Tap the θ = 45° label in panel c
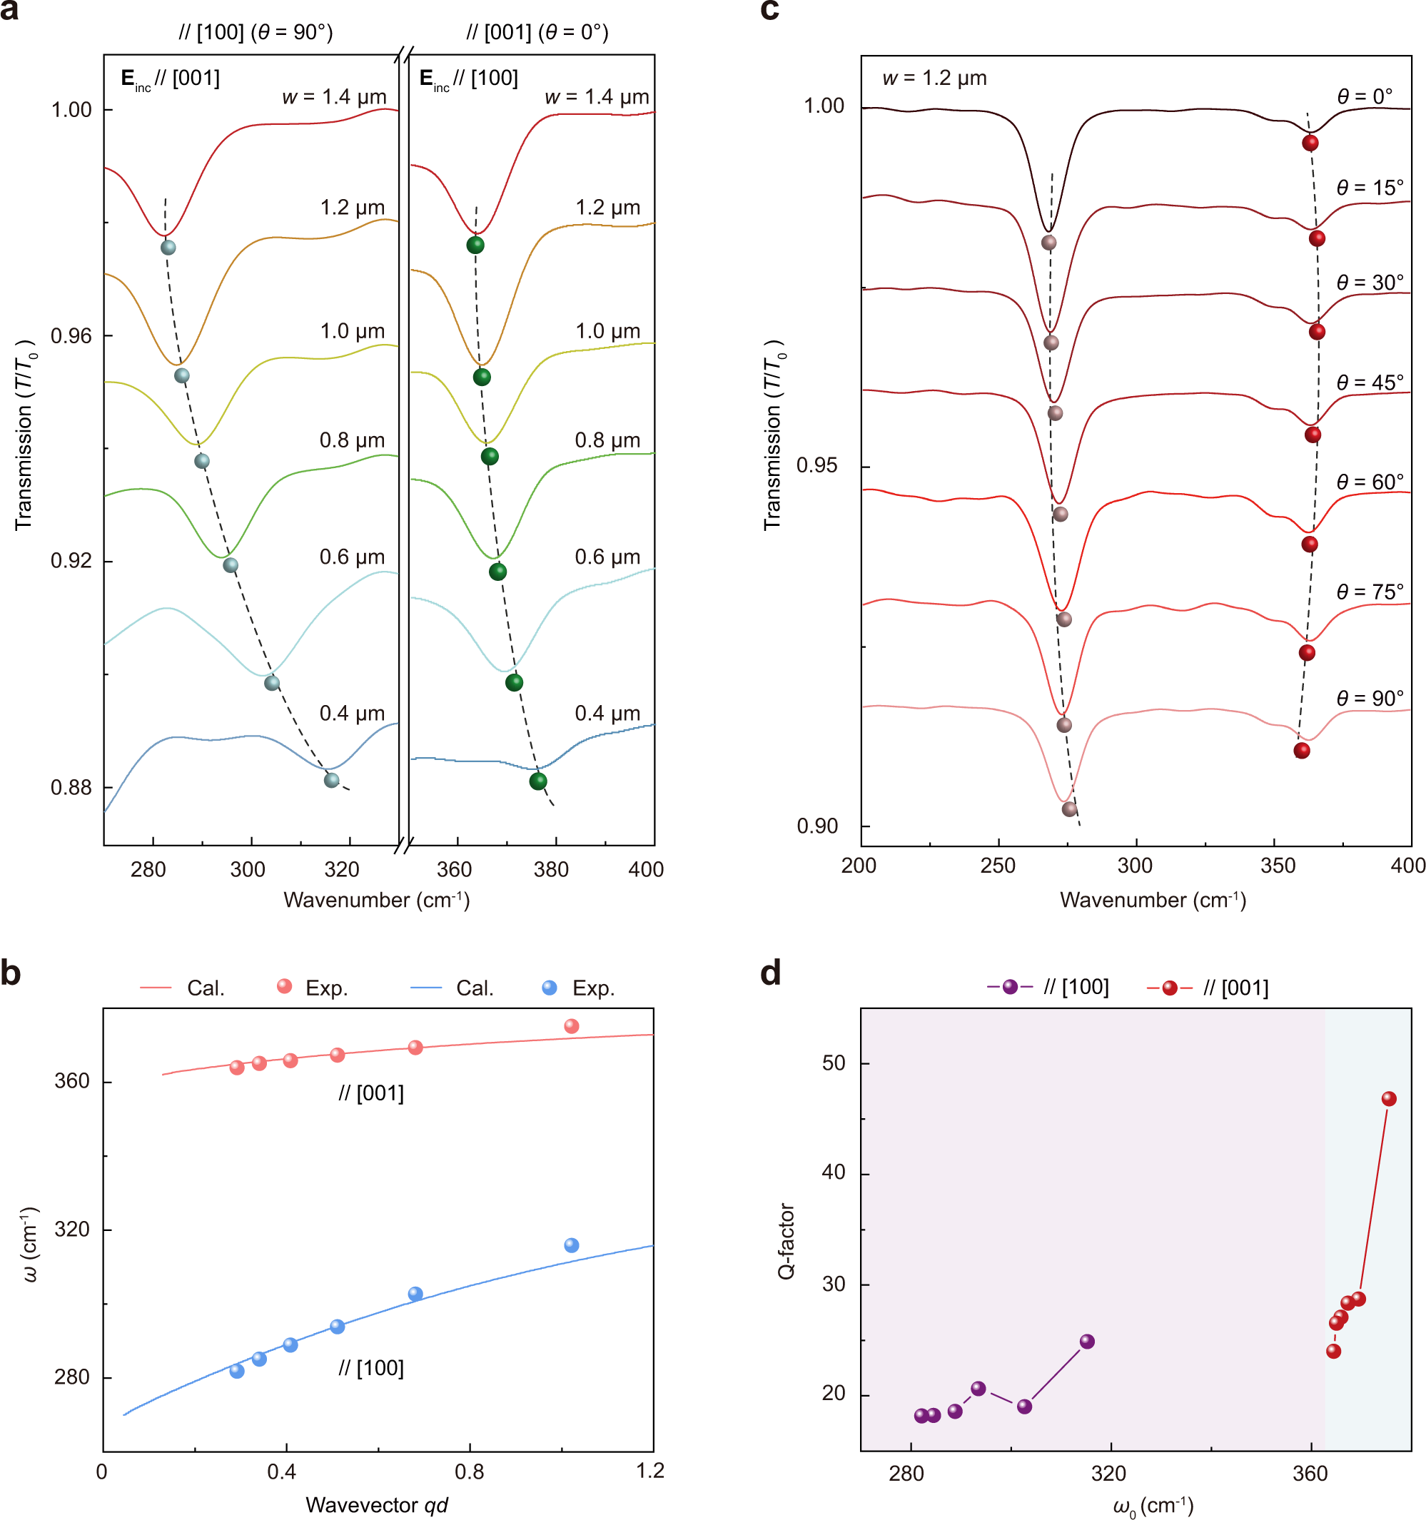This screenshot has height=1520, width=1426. tap(1370, 382)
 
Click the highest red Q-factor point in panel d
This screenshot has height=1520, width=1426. tap(1389, 1099)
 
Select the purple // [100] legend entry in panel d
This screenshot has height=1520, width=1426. tap(1048, 987)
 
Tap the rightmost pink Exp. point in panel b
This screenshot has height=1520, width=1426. tap(571, 1026)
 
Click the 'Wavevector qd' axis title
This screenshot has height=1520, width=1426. tap(376, 1505)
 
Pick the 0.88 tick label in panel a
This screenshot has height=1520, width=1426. tap(71, 788)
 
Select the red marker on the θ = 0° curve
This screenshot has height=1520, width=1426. tap(1310, 143)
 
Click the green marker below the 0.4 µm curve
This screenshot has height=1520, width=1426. tap(538, 781)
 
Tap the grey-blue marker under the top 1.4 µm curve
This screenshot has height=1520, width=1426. tap(168, 248)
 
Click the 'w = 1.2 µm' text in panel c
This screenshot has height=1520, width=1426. tap(934, 78)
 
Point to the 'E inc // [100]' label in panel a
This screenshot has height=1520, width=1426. tap(468, 78)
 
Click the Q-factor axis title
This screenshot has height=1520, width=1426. tap(786, 1241)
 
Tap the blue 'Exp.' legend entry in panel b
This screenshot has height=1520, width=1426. tap(580, 988)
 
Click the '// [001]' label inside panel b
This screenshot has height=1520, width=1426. tap(371, 1093)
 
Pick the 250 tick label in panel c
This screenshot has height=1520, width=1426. tap(997, 866)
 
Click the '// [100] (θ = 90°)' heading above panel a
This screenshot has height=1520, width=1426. tap(256, 32)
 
